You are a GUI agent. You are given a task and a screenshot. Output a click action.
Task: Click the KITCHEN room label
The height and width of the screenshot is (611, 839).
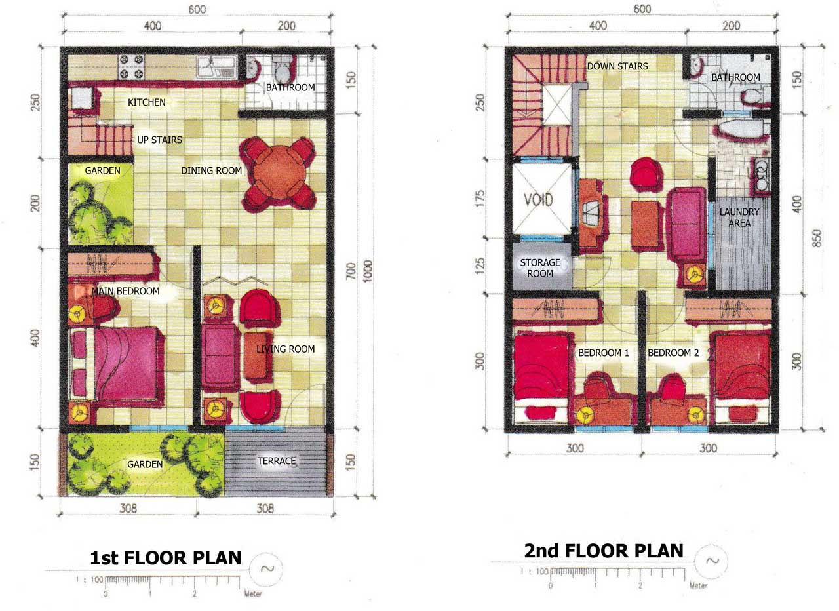tap(146, 102)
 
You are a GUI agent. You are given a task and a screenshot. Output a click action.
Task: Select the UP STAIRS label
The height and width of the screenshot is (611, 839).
tap(159, 140)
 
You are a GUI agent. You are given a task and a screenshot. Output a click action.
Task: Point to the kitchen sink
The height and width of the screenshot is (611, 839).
tap(217, 67)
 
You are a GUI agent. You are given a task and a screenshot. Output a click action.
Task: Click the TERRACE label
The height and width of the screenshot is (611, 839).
tap(277, 461)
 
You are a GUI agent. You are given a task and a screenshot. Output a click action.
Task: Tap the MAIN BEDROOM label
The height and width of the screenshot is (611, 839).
tap(125, 291)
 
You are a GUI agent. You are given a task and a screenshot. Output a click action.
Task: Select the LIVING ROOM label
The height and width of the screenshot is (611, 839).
tap(285, 349)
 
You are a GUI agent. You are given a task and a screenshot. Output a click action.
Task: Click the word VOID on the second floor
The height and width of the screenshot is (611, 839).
tap(538, 200)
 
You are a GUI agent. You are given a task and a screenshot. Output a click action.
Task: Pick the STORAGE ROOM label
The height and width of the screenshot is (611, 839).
tap(540, 268)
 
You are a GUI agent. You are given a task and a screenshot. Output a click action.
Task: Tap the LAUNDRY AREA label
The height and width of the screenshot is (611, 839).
tap(739, 217)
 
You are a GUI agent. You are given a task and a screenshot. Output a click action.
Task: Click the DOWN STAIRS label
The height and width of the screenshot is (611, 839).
tap(617, 66)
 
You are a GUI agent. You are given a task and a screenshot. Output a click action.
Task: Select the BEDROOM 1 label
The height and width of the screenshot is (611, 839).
tap(604, 353)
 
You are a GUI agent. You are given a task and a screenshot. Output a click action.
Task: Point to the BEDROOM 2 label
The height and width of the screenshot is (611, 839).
tap(673, 353)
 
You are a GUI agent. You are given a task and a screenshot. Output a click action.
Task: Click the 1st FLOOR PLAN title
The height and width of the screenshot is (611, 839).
tap(166, 558)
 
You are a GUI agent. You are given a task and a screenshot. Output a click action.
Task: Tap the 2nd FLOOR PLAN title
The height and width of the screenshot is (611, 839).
tap(604, 551)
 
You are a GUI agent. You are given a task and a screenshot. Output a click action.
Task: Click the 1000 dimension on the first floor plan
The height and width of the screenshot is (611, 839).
tap(368, 271)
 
